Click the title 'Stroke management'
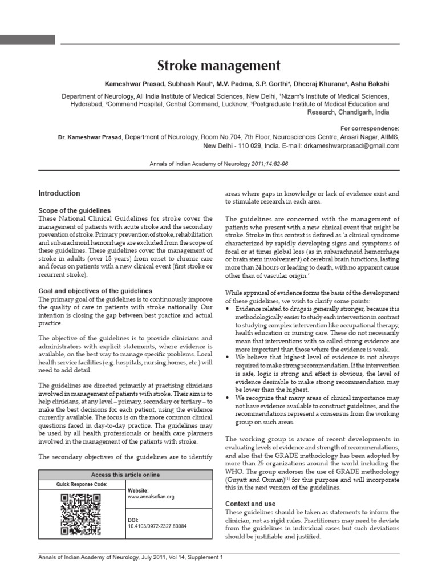coord(218,64)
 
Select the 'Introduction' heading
coord(59,193)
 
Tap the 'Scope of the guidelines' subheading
coord(74,211)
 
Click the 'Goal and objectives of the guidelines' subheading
coord(95,291)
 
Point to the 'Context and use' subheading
coord(250,504)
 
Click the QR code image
coord(80,514)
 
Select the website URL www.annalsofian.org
coord(151,497)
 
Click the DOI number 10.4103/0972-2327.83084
coord(157,526)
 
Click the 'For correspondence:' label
coord(370,129)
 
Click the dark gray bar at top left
coord(27,39)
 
